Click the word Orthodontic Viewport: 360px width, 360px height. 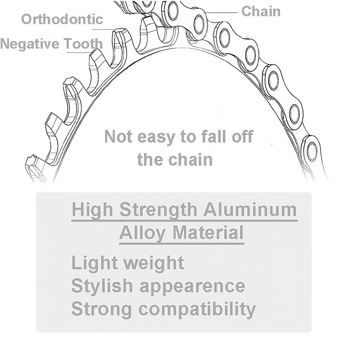click(62, 19)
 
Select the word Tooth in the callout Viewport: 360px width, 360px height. click(83, 44)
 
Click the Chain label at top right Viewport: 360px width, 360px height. click(261, 11)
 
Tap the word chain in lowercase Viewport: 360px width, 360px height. click(191, 159)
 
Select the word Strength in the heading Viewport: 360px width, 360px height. click(158, 210)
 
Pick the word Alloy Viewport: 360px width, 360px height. click(142, 233)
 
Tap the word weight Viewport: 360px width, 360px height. click(154, 263)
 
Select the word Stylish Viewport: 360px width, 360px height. click(102, 286)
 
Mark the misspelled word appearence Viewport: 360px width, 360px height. click(192, 287)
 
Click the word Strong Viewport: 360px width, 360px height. click(102, 309)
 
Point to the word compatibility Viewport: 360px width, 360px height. click(197, 309)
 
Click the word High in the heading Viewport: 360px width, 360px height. click(92, 210)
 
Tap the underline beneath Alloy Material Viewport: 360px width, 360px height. click(181, 244)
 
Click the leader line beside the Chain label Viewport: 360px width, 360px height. click(221, 12)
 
